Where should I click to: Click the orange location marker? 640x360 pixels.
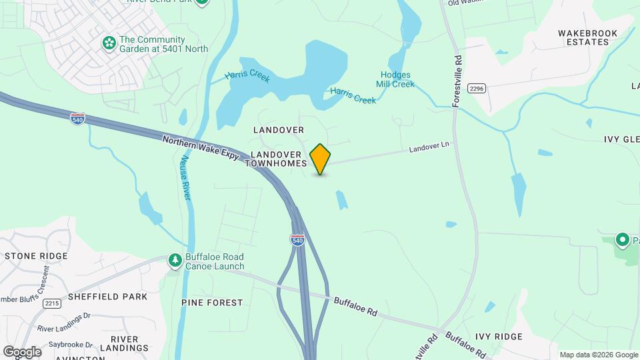320,159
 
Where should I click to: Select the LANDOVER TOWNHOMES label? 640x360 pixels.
279,159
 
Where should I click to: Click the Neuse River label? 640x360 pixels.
187,178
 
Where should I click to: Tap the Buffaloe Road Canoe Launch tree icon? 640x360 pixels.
175,261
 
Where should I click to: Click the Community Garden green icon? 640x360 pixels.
109,43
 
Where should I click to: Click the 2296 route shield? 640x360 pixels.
475,88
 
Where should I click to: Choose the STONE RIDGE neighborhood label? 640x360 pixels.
36,256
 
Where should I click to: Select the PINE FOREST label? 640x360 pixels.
212,303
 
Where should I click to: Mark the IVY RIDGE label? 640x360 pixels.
499,337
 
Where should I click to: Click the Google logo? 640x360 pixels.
21,351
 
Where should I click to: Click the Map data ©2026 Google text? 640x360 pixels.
599,355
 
